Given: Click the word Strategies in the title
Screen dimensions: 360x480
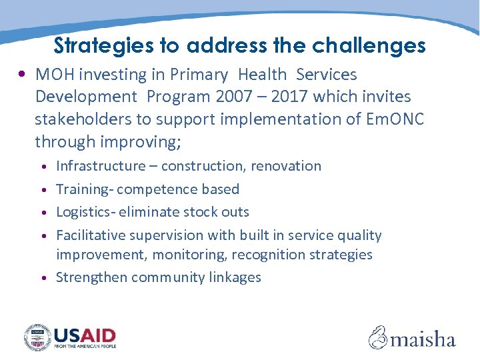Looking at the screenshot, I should [103, 45].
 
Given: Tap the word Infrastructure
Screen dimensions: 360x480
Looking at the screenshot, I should [101, 166].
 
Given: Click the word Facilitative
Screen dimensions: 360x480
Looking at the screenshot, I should [91, 235].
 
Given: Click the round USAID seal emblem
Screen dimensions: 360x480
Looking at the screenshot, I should [38, 337].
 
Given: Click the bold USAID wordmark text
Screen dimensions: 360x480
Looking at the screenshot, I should [85, 335].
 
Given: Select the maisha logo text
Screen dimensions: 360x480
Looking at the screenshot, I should [423, 339].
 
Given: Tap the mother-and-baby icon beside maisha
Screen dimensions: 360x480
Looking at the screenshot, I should [378, 337].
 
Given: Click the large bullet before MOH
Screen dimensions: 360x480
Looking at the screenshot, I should [23, 75].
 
